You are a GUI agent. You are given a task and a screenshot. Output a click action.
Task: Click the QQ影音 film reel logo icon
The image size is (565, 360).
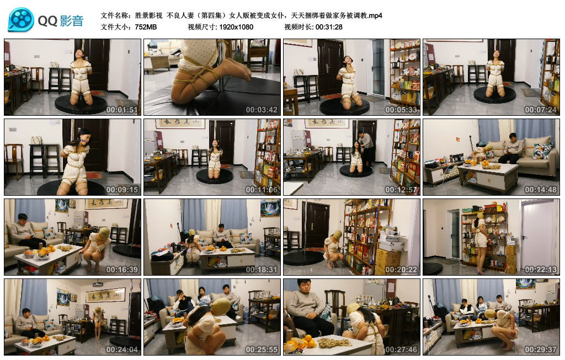click(x=21, y=20)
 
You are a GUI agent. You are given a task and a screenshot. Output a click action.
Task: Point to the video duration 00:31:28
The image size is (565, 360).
click(x=329, y=26)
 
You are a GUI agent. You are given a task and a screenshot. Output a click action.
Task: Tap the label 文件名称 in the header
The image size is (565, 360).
click(x=116, y=15)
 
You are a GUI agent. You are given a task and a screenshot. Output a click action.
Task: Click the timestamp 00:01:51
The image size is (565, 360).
click(x=122, y=109)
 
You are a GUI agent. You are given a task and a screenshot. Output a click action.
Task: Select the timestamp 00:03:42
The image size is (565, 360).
click(x=262, y=109)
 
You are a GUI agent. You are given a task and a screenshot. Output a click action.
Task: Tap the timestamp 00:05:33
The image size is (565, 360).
click(x=402, y=109)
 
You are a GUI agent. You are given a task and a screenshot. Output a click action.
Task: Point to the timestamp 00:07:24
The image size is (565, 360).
click(x=541, y=109)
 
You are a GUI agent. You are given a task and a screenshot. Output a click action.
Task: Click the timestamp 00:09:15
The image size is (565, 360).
click(x=122, y=189)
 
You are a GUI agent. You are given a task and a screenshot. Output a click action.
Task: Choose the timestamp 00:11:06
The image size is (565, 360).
click(x=262, y=189)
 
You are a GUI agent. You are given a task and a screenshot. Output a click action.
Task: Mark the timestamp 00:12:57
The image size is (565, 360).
click(x=402, y=189)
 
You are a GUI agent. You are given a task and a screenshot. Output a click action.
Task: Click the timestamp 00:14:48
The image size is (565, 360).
click(x=541, y=189)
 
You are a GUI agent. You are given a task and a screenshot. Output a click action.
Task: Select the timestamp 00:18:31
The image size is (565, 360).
click(x=262, y=269)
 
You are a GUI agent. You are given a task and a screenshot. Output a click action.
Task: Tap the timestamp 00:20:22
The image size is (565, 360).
click(x=402, y=269)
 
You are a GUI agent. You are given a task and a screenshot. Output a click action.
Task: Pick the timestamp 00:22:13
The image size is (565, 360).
click(x=541, y=269)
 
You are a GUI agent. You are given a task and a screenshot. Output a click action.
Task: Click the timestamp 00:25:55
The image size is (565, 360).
click(x=262, y=350)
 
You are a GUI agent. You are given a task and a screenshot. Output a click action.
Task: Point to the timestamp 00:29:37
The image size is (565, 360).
click(x=541, y=350)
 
